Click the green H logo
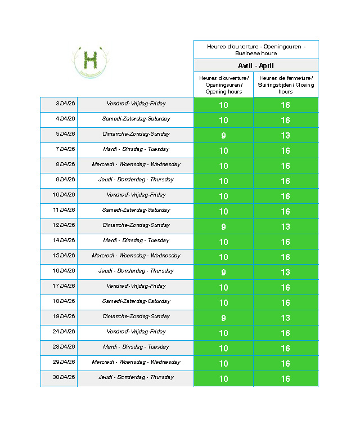(90, 60)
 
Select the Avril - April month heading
(256, 66)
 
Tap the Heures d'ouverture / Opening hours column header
(223, 84)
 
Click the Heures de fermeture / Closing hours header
(286, 84)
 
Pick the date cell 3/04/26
(65, 104)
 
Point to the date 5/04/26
(65, 134)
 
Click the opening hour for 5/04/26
(223, 135)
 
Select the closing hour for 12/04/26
(286, 226)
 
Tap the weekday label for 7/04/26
(136, 149)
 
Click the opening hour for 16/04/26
(223, 272)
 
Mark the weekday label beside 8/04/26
(136, 164)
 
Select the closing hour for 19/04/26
(286, 318)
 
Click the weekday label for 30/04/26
(136, 377)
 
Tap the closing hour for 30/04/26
(286, 378)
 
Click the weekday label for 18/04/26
(136, 301)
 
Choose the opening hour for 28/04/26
(223, 348)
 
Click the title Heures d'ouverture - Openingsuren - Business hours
(256, 50)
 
